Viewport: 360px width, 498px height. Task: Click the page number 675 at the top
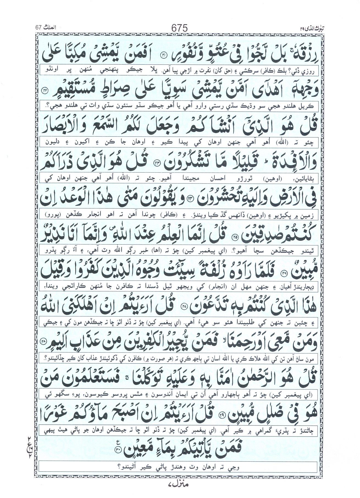pos(179,27)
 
